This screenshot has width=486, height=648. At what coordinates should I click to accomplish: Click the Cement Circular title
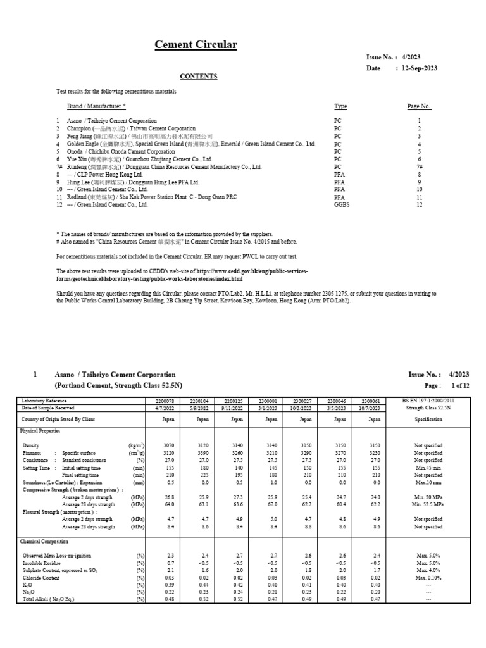196,44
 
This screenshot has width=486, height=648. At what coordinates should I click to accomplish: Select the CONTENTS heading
198,77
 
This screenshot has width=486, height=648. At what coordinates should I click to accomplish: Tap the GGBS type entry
341,205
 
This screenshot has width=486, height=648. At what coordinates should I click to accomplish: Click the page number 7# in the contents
418,167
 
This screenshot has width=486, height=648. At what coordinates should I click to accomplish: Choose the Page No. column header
418,106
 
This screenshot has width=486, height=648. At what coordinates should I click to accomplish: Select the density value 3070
168,446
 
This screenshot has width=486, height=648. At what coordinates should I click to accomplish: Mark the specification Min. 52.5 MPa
428,505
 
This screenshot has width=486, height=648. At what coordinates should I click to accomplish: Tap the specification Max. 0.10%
428,578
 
